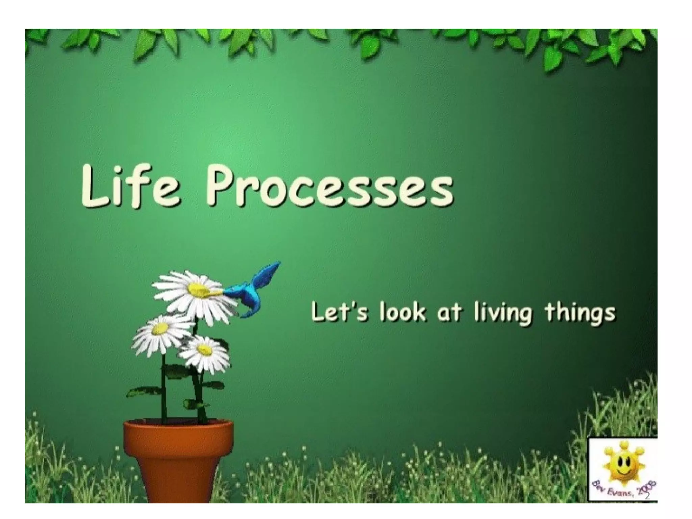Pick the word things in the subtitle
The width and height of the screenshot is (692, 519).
(580, 313)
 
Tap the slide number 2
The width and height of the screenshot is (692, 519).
(647, 496)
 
